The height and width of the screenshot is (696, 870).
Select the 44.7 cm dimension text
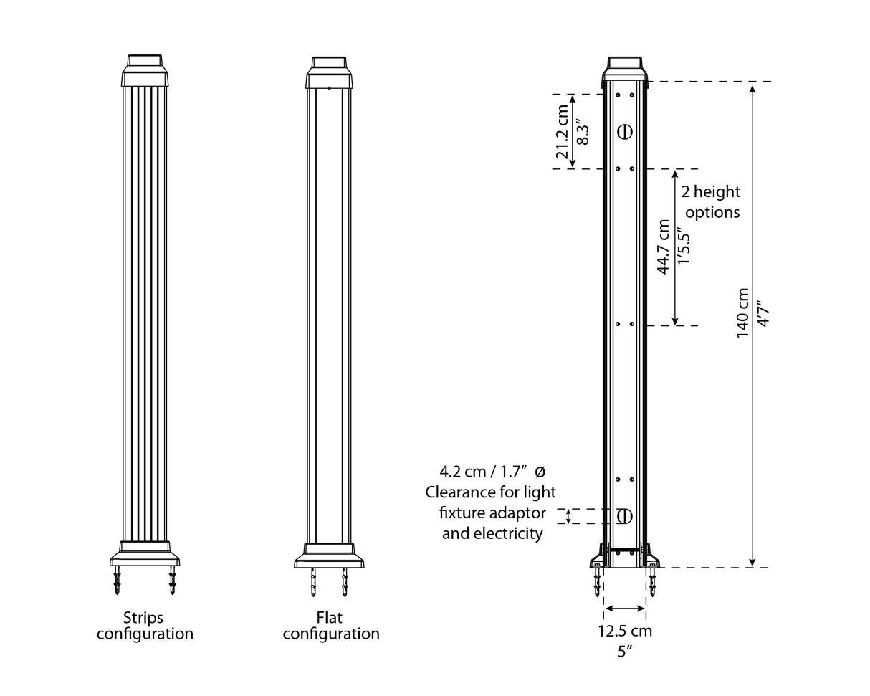pyautogui.click(x=664, y=247)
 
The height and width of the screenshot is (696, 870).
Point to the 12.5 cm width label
pyautogui.click(x=625, y=631)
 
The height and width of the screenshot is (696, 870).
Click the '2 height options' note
pyautogui.click(x=711, y=202)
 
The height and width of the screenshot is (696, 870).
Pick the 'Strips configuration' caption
pyautogui.click(x=145, y=626)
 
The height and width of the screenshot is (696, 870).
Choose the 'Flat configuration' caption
pyautogui.click(x=330, y=626)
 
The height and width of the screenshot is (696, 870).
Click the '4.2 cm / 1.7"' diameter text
pyautogui.click(x=484, y=472)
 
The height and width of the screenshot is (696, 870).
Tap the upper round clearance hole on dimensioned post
pyautogui.click(x=624, y=131)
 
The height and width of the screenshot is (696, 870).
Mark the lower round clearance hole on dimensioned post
pyautogui.click(x=624, y=516)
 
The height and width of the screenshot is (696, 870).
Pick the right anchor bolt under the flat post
pyautogui.click(x=345, y=583)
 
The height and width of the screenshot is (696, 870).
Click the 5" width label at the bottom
pyautogui.click(x=625, y=652)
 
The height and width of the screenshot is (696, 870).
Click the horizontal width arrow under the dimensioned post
pyautogui.click(x=625, y=609)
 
